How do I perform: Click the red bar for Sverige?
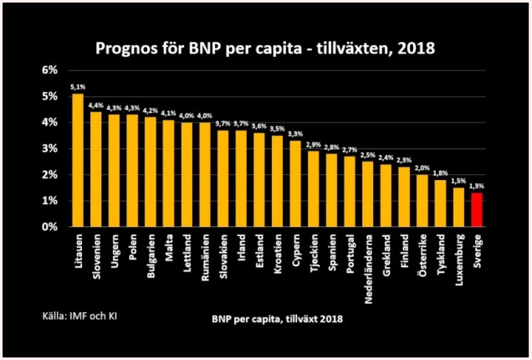477,209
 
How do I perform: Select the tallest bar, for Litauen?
78,160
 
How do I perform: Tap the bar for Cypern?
295,183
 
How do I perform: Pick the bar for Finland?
404,197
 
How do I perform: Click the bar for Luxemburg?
458,207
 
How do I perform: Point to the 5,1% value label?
77,86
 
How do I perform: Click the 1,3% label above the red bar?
477,185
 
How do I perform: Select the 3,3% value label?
295,133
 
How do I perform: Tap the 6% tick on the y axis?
49,70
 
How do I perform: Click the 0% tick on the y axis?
49,227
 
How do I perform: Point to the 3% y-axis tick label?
49,148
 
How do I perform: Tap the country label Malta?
168,249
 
